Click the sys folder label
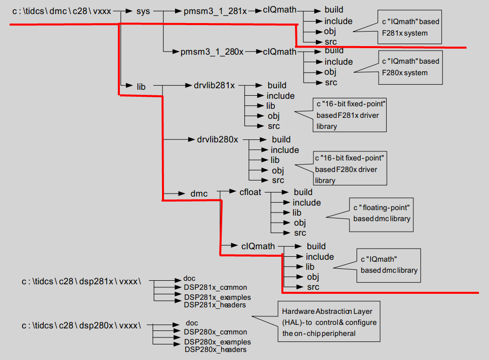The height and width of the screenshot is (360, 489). point(143,11)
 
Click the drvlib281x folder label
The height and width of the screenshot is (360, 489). point(214,85)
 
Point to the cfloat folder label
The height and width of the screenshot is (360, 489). point(250,192)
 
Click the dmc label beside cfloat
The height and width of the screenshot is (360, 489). point(199,193)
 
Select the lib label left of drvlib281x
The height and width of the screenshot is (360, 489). point(141,86)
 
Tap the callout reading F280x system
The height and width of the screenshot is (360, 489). point(410,67)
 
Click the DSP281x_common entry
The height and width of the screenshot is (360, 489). point(215,287)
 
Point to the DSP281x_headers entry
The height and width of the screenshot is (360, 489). point(215,304)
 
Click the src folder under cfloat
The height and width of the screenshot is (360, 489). point(300,233)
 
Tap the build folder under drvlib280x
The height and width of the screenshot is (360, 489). point(281,139)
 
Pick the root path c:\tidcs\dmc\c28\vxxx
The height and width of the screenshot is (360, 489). point(61,11)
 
